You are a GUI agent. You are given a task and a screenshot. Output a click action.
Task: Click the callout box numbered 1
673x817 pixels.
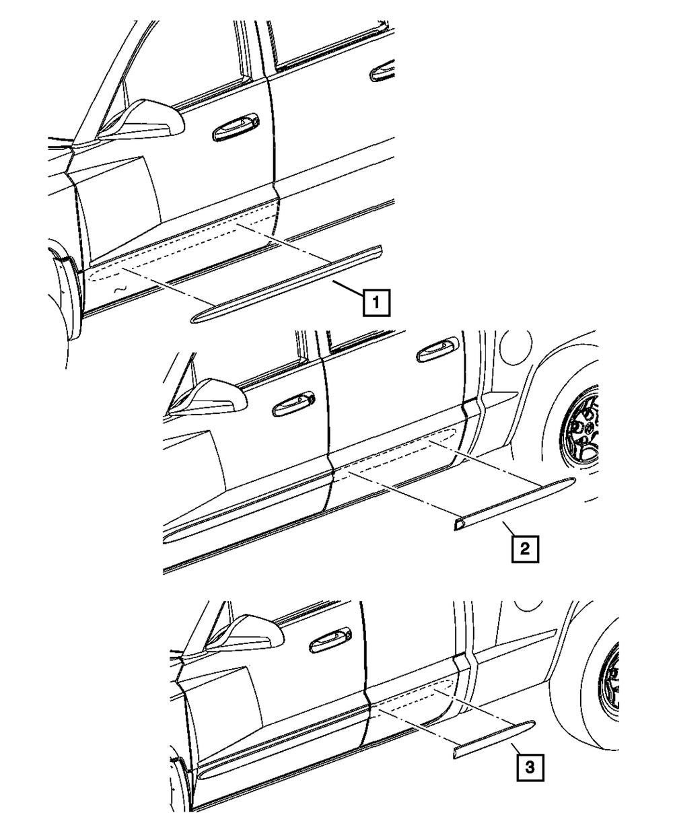(x=376, y=302)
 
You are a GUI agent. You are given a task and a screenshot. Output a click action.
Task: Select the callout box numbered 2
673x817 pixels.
(x=525, y=549)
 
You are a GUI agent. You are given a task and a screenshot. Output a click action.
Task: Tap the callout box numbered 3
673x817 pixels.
(x=530, y=767)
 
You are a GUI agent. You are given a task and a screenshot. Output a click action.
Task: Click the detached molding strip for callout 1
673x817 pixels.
(x=285, y=285)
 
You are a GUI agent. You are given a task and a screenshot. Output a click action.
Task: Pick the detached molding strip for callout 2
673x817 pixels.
(x=515, y=503)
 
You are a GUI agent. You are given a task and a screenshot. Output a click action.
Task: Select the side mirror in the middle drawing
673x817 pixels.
(x=207, y=396)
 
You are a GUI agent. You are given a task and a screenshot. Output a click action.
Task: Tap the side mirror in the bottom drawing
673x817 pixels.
(x=244, y=633)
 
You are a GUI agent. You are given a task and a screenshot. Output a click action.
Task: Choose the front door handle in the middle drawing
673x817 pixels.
(x=293, y=404)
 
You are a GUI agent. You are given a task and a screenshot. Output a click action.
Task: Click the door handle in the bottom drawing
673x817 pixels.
(x=330, y=641)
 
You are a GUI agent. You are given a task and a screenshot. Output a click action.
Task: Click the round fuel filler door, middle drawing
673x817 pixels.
(x=516, y=347)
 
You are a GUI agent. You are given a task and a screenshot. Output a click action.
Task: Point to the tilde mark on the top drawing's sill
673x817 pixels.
(x=120, y=289)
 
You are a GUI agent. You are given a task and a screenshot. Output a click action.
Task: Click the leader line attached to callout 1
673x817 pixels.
(x=348, y=288)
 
